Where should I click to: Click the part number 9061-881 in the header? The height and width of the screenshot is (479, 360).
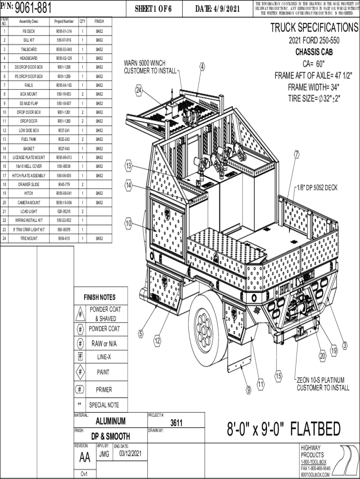(33, 7)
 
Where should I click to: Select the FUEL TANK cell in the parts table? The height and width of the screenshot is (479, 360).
(29, 139)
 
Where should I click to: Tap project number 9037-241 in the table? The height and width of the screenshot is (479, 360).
(64, 131)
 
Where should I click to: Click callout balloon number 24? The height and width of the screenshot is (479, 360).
(139, 90)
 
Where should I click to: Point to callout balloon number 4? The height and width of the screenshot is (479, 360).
(202, 66)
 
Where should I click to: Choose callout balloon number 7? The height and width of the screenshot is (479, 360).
(296, 154)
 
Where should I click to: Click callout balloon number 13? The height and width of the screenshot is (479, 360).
(128, 165)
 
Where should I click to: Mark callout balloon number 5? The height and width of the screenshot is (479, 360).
(140, 334)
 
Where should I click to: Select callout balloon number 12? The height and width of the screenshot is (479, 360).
(158, 340)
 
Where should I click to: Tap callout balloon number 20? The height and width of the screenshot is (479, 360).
(323, 356)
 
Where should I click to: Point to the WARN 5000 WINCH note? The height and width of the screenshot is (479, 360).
(151, 67)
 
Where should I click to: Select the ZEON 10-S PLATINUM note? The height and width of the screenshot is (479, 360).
(323, 384)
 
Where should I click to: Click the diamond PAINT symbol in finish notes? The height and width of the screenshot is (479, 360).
(81, 372)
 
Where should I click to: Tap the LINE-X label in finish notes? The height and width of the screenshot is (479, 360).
(104, 357)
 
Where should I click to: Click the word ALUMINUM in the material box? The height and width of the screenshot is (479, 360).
(110, 421)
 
